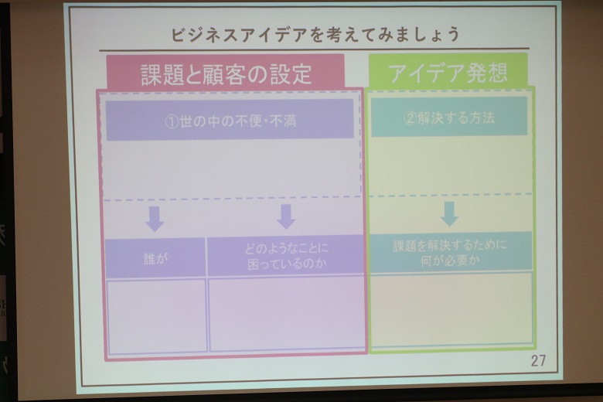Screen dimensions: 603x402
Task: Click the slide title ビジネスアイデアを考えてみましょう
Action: click(315, 34)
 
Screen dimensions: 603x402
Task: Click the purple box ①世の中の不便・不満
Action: click(230, 120)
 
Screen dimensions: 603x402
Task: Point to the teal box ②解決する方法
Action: click(449, 117)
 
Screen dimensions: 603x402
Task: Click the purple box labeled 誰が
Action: click(155, 257)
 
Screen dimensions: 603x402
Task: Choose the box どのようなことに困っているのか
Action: click(285, 255)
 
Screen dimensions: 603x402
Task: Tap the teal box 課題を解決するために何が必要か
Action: click(451, 252)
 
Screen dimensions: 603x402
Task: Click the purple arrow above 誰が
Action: click(155, 219)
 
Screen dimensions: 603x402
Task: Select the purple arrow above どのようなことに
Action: click(286, 217)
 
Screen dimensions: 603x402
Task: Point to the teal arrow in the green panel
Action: click(449, 213)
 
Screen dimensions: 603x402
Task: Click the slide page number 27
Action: click(538, 360)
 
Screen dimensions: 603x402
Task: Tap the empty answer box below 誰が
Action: click(156, 317)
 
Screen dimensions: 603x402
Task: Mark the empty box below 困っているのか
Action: click(287, 314)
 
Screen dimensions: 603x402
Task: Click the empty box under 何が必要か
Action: click(451, 308)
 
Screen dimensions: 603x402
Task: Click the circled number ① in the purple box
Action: click(172, 121)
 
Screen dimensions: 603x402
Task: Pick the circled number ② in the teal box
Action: click(411, 118)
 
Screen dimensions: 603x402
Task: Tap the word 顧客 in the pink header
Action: click(226, 74)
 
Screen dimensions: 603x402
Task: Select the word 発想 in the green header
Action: click(487, 73)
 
